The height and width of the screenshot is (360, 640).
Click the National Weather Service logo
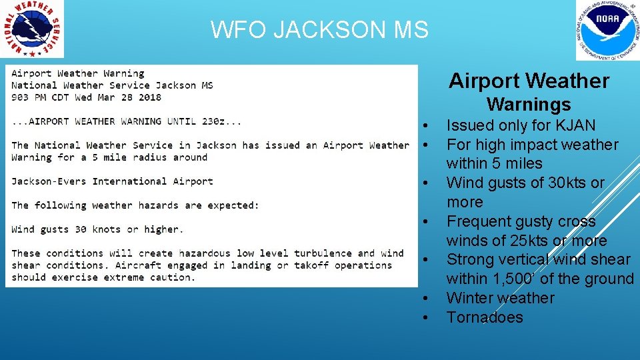(x=33, y=29)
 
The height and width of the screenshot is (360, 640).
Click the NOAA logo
(x=607, y=31)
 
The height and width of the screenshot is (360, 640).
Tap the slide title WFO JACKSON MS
(x=319, y=30)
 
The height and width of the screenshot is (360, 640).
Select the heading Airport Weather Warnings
(x=529, y=92)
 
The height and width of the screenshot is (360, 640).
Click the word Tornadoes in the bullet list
(x=485, y=317)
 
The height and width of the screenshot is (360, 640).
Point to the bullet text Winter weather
(x=500, y=298)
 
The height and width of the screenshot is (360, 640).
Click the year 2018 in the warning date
(x=150, y=97)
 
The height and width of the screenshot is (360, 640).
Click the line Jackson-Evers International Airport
(x=112, y=181)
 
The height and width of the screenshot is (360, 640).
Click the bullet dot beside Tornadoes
(x=425, y=318)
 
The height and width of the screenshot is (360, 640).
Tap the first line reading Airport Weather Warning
(x=77, y=73)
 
